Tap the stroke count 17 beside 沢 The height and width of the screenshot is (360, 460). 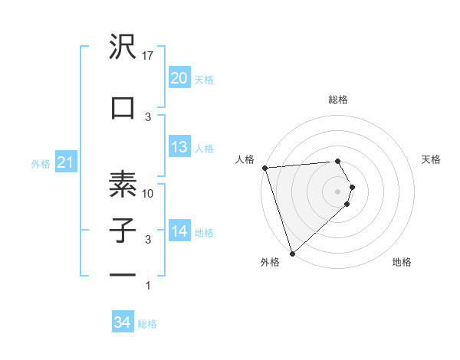(x=149, y=55)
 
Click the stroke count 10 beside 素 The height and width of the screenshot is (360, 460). (x=149, y=194)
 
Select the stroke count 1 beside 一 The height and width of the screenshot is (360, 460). (x=148, y=286)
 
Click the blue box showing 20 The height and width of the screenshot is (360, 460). (x=179, y=78)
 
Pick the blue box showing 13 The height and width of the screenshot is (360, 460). (x=179, y=147)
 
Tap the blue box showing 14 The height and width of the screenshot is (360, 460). (x=179, y=231)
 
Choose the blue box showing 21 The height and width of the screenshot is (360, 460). (x=65, y=162)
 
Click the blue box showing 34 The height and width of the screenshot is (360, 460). (x=122, y=323)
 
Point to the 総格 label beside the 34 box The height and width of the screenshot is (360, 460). (x=147, y=324)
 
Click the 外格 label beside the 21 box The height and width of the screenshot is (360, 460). (x=41, y=163)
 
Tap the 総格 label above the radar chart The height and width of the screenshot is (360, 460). (x=337, y=100)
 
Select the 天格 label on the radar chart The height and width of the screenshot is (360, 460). (x=432, y=159)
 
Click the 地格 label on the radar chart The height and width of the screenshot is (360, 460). (x=402, y=262)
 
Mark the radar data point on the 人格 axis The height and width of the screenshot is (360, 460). (x=264, y=168)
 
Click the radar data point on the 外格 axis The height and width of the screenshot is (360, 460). (x=292, y=253)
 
